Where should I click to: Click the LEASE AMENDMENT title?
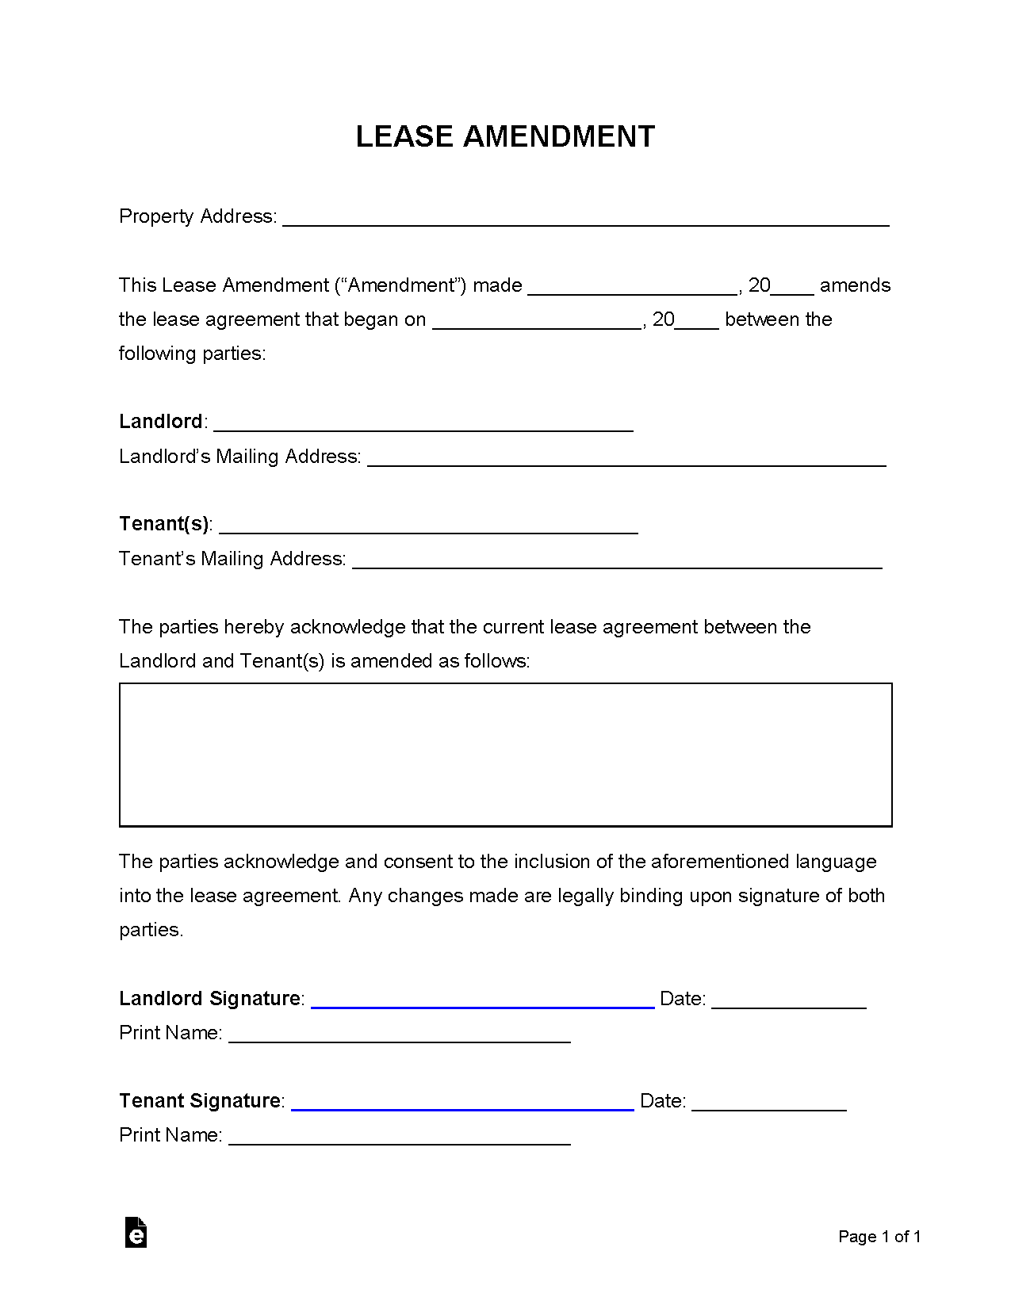click(505, 136)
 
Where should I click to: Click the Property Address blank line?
click(585, 220)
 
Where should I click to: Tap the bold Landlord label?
click(161, 421)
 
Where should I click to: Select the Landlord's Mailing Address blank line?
click(626, 461)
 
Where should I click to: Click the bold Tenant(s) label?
click(163, 523)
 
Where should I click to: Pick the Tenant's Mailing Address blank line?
click(617, 563)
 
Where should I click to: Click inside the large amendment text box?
click(505, 755)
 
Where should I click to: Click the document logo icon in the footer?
click(136, 1232)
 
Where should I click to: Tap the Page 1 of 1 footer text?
click(879, 1237)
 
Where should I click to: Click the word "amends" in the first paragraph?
click(855, 285)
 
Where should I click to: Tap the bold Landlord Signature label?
click(209, 998)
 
